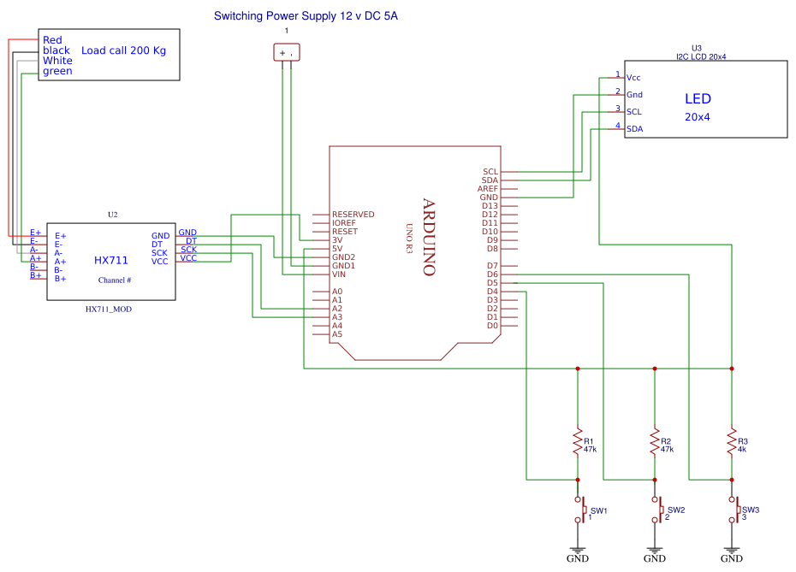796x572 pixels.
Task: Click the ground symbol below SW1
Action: (x=578, y=551)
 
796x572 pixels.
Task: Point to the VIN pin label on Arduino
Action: (x=340, y=274)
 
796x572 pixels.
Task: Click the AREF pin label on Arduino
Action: (x=488, y=189)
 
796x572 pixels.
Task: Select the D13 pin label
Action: (x=490, y=206)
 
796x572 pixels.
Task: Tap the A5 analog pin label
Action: (x=337, y=334)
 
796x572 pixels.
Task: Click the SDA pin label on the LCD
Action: (x=634, y=129)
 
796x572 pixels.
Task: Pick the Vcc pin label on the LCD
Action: (x=634, y=78)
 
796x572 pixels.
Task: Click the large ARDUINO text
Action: (x=429, y=237)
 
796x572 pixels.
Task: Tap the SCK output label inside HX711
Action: (x=160, y=253)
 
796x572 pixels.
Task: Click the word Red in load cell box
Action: (x=52, y=40)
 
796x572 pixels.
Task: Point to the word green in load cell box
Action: (x=57, y=71)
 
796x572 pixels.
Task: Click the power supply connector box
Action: (x=287, y=53)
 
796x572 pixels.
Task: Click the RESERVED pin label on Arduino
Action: (x=353, y=215)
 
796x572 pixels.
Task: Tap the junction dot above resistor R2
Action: (x=655, y=369)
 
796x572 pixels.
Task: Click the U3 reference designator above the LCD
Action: (x=696, y=49)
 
